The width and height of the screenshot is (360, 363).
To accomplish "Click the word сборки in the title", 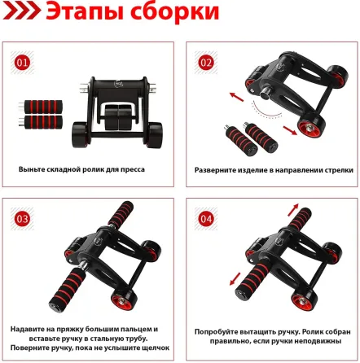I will (180, 16).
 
